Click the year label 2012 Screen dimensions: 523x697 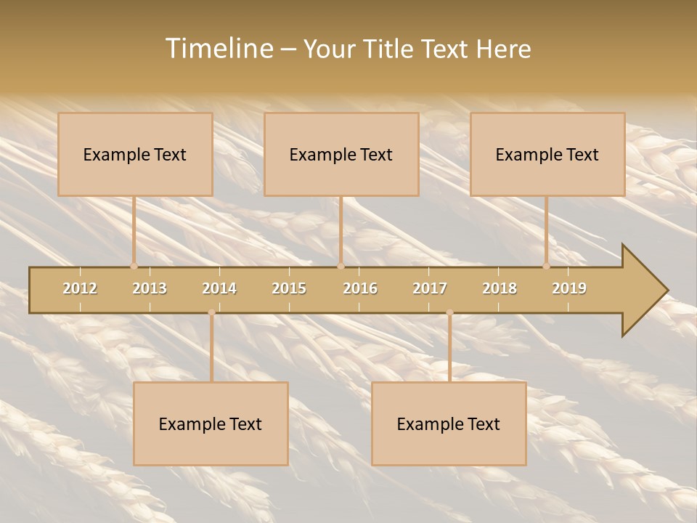coord(80,288)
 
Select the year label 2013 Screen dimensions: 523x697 coord(150,288)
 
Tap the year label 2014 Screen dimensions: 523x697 coord(219,288)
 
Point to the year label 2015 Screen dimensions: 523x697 coord(289,288)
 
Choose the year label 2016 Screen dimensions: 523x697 coord(360,288)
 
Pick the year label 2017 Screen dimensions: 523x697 coord(430,288)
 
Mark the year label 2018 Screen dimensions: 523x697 coord(500,288)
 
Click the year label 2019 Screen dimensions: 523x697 coord(569,288)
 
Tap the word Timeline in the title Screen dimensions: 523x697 coord(218,49)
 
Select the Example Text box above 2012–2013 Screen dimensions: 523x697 coord(135,154)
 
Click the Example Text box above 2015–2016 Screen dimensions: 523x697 coord(341,154)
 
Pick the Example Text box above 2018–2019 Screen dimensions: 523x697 coord(547,154)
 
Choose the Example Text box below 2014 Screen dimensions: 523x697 coord(211,423)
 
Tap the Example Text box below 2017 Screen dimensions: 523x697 coord(449,423)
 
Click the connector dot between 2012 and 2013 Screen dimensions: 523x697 coord(134,266)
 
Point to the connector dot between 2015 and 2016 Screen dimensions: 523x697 coord(341,266)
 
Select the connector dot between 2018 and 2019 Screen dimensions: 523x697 coord(547,266)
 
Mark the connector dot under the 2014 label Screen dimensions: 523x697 coord(211,312)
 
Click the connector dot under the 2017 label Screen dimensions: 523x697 coord(449,312)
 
